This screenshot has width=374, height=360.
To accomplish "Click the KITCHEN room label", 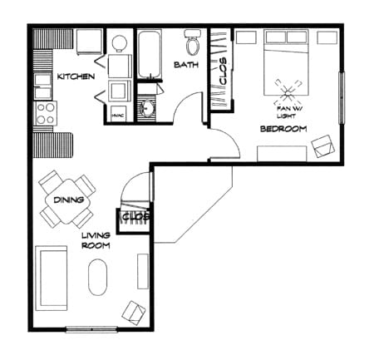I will point(75,76).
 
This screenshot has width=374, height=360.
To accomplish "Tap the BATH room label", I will point(185,64).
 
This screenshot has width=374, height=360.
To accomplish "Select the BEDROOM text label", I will point(283,129).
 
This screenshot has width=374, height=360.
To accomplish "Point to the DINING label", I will point(67,200).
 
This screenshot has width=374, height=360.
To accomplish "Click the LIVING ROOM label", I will point(96,240).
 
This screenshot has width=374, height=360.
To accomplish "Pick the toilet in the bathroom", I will point(192,41).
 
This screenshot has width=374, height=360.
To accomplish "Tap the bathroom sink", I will point(149,108).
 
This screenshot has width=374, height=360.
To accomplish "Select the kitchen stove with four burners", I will point(44,113).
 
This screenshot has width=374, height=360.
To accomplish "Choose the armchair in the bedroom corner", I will point(322,148).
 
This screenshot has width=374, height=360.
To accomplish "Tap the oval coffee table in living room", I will point(98,277).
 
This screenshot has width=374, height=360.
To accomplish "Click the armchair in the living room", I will point(133,312).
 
